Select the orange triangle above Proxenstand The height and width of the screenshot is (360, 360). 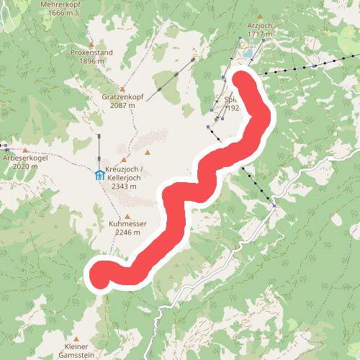(91, 44)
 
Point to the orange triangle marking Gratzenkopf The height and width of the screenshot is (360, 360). (124, 87)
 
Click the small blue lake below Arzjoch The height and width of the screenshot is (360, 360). (247, 53)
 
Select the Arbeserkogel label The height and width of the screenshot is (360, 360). (24, 158)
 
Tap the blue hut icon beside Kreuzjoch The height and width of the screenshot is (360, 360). (99, 174)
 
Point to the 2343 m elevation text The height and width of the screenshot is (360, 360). (124, 186)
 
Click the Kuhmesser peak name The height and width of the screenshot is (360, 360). (128, 224)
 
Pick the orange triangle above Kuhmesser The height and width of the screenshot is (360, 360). (128, 215)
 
